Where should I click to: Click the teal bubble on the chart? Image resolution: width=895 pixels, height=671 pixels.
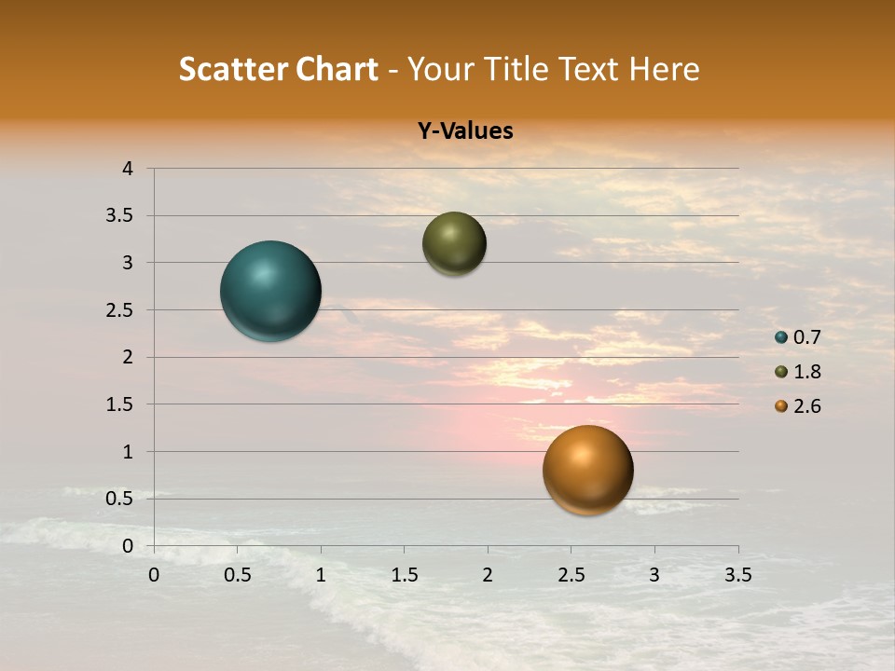[x=270, y=291]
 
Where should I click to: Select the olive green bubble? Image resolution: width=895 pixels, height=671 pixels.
[x=454, y=243]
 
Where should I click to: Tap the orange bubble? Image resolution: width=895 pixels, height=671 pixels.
[x=587, y=470]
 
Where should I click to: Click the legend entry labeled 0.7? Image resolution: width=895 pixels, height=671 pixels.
[x=798, y=337]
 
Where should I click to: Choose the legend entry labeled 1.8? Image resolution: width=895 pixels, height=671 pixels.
[x=798, y=372]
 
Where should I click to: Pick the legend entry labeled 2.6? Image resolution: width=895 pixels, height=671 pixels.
[x=798, y=406]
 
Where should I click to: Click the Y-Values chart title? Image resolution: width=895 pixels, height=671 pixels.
[x=464, y=131]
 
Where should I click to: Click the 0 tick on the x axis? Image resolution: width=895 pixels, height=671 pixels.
[x=154, y=575]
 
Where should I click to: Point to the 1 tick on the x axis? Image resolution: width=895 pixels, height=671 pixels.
[x=321, y=575]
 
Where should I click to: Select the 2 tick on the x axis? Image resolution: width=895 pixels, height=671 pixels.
[x=488, y=575]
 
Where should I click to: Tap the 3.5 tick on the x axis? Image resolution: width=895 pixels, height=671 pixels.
[x=737, y=575]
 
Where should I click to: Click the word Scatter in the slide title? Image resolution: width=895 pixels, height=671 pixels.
[x=233, y=69]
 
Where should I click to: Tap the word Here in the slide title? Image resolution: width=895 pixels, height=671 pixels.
[x=665, y=69]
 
